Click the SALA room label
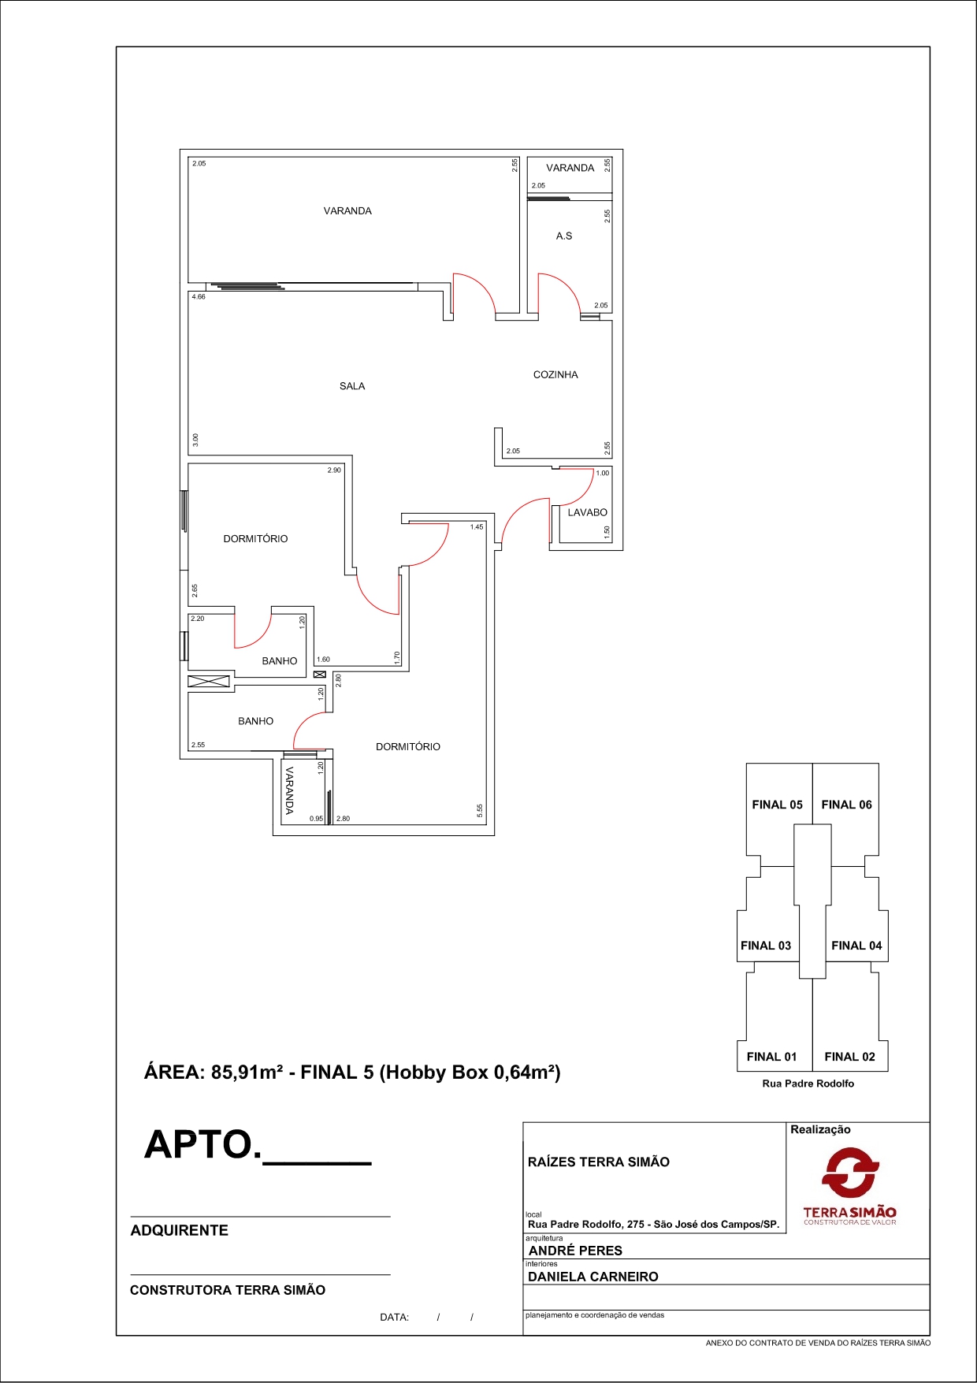point(352,386)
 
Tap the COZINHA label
point(555,375)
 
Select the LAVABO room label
point(588,512)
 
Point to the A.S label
point(564,236)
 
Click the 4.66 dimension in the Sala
point(199,297)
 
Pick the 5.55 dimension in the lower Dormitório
point(480,811)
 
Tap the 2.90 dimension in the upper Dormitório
point(334,470)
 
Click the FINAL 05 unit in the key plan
point(777,805)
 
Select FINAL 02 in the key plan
point(849,1057)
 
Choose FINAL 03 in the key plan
point(766,946)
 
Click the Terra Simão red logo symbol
point(850,1172)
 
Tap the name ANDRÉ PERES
point(575,1251)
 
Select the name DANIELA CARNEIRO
point(593,1277)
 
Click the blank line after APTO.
point(317,1162)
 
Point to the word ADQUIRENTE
point(180,1230)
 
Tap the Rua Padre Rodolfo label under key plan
point(808,1084)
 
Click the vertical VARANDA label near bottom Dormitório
point(289,790)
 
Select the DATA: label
point(394,1317)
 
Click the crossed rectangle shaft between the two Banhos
point(209,681)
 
